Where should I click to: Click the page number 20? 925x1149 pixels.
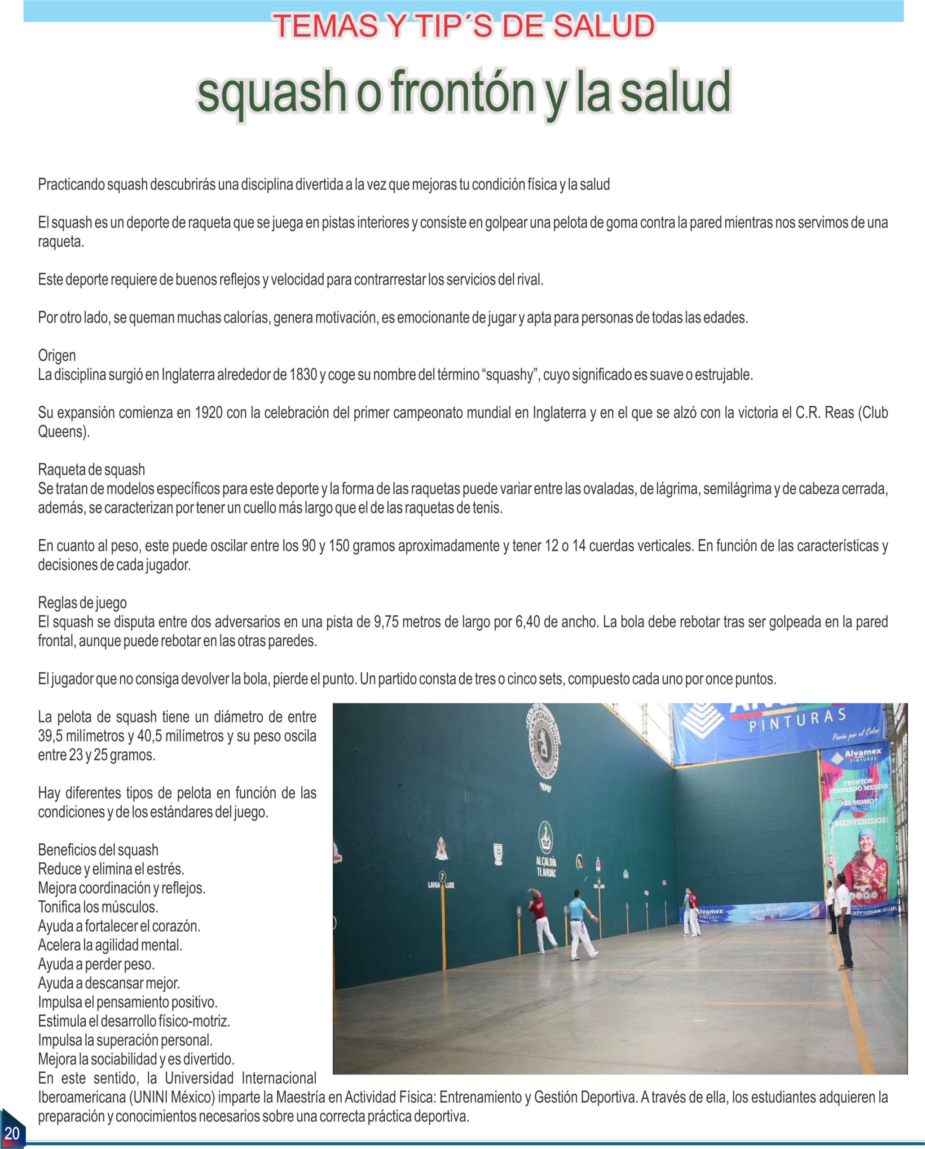(x=11, y=1131)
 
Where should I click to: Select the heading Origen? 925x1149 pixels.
(x=57, y=355)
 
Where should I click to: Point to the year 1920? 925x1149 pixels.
(x=208, y=412)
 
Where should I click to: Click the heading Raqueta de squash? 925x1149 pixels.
(x=91, y=469)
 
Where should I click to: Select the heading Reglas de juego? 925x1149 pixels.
(x=82, y=603)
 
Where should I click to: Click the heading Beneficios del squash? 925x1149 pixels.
(x=98, y=850)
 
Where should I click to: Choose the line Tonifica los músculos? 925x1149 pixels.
(x=98, y=907)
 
